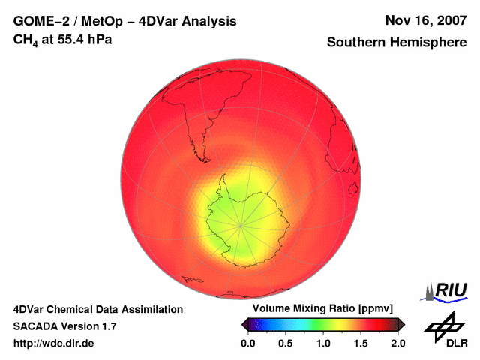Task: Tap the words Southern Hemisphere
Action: (395, 43)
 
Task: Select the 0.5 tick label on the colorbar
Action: (285, 343)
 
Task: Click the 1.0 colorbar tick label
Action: (322, 343)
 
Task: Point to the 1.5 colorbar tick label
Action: (360, 343)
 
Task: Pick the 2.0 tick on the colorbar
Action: (397, 343)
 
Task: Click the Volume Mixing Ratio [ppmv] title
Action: (322, 309)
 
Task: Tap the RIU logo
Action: (447, 290)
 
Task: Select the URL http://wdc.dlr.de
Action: (54, 343)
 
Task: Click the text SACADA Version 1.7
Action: (64, 326)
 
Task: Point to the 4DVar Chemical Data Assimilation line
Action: (97, 309)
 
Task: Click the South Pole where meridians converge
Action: (241, 223)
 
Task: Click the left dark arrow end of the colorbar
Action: (244, 324)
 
